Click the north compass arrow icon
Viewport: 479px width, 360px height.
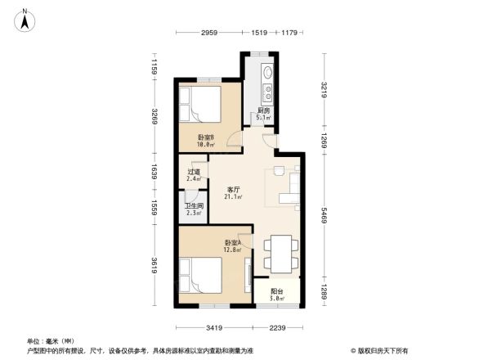pyautogui.click(x=25, y=19)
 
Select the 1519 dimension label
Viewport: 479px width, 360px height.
pyautogui.click(x=260, y=33)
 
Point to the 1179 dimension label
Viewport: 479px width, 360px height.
pyautogui.click(x=289, y=33)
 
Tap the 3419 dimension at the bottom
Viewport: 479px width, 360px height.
pyautogui.click(x=215, y=328)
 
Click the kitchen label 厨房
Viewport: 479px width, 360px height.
pyautogui.click(x=264, y=112)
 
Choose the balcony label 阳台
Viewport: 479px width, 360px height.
pyautogui.click(x=278, y=292)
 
